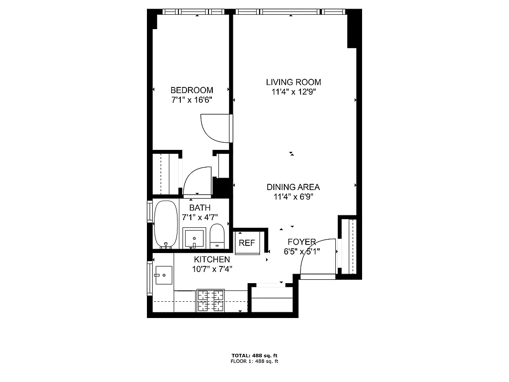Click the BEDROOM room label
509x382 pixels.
[192, 90]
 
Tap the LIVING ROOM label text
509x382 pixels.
[293, 82]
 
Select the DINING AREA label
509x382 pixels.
[293, 187]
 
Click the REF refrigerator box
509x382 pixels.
[247, 243]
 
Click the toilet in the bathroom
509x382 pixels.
[217, 236]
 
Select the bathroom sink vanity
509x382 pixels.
[195, 238]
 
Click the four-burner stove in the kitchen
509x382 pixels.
[210, 301]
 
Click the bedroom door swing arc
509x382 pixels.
[216, 128]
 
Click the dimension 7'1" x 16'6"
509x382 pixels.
[192, 100]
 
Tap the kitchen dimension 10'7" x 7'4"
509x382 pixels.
[212, 269]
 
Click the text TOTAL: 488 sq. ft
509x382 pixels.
[254, 356]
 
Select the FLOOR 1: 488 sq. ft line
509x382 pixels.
[254, 361]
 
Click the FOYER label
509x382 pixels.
[301, 242]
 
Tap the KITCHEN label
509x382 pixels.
[212, 259]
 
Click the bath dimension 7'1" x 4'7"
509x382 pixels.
[200, 217]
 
